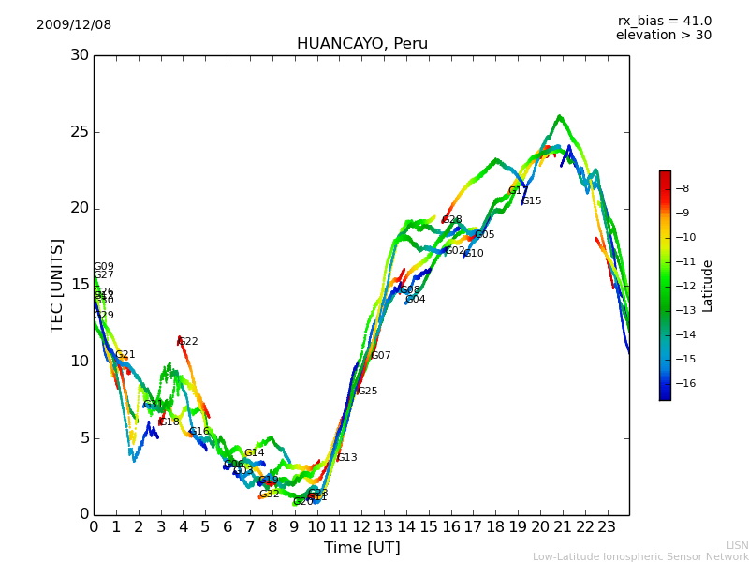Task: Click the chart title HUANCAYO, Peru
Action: pos(361,44)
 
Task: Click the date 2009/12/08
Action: pos(74,25)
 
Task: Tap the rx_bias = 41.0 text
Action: pos(664,22)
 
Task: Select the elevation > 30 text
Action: pos(664,36)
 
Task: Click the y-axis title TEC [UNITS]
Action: pos(58,285)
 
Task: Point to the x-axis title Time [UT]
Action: pos(361,548)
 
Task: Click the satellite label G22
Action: pos(188,342)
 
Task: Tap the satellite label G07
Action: pos(381,356)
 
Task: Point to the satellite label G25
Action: pos(368,392)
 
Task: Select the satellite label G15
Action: pos(532,201)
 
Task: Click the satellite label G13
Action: pos(347,458)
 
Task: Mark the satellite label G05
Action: pos(485,235)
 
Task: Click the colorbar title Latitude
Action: pos(708,286)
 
